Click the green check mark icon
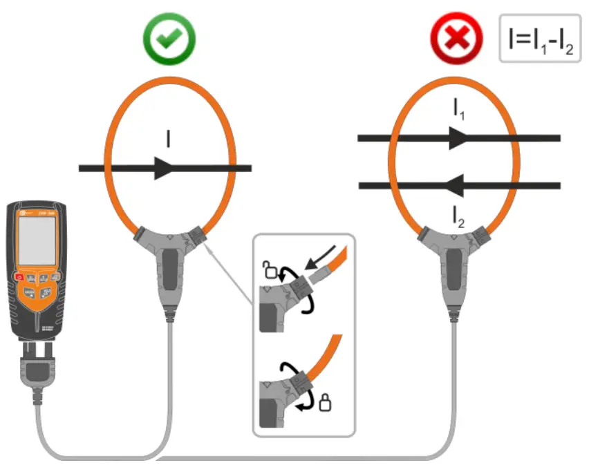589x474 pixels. (169, 39)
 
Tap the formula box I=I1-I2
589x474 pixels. (540, 39)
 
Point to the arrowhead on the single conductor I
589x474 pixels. (165, 168)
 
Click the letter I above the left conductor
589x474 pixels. (168, 140)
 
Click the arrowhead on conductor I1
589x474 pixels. (459, 138)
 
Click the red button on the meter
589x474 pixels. (19, 278)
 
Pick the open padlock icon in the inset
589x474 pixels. (267, 267)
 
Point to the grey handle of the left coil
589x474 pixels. (169, 273)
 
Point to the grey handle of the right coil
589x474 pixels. (454, 273)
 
